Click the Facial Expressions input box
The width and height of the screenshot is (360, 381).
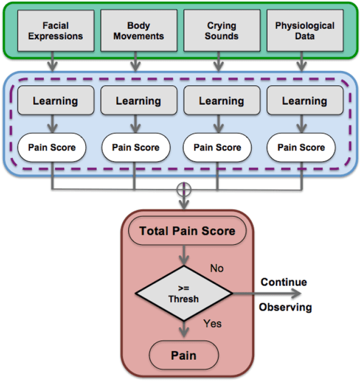click(55, 31)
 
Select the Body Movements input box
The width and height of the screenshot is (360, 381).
click(138, 31)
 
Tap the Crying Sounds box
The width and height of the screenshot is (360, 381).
click(221, 31)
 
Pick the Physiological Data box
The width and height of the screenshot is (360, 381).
click(304, 31)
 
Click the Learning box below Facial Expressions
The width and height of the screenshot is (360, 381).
click(55, 101)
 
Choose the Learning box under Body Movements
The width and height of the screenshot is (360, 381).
click(138, 101)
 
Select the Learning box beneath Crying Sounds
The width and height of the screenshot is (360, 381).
click(221, 101)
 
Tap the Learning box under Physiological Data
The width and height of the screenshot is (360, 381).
click(304, 101)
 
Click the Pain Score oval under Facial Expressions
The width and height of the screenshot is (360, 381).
click(52, 148)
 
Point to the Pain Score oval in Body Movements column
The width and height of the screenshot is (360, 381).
click(135, 148)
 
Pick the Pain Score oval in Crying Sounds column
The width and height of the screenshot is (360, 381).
click(218, 148)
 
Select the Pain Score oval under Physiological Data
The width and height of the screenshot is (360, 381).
click(301, 148)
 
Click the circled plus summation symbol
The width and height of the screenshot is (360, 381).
click(184, 190)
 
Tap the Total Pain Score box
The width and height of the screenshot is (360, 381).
click(187, 231)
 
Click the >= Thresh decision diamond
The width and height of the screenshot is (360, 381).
click(183, 293)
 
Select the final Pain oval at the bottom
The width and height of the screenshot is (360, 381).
click(183, 355)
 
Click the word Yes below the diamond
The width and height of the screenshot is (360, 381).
click(213, 323)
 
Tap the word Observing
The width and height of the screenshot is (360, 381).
click(285, 307)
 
